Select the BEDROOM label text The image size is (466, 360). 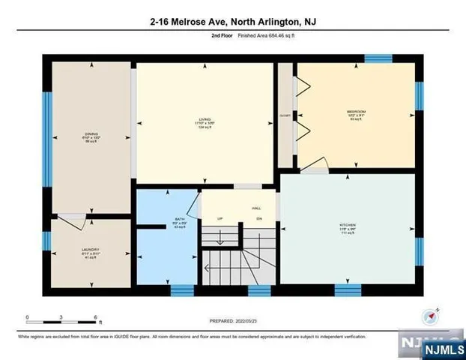pyautogui.click(x=356, y=112)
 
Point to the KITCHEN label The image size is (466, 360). pyautogui.click(x=347, y=225)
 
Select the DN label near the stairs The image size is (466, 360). pyautogui.click(x=259, y=219)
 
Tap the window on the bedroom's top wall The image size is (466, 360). pyautogui.click(x=378, y=58)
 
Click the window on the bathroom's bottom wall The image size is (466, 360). pyautogui.click(x=182, y=290)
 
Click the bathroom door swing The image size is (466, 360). pyautogui.click(x=193, y=204)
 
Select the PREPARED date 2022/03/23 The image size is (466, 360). pyautogui.click(x=233, y=321)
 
